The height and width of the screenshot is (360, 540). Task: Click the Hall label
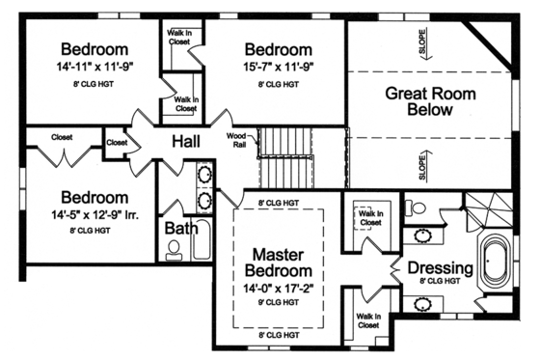pyautogui.click(x=187, y=143)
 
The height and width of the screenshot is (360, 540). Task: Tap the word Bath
pyautogui.click(x=181, y=229)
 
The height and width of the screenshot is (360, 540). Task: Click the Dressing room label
pyautogui.click(x=440, y=267)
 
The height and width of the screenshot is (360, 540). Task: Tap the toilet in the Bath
pyautogui.click(x=174, y=250)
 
